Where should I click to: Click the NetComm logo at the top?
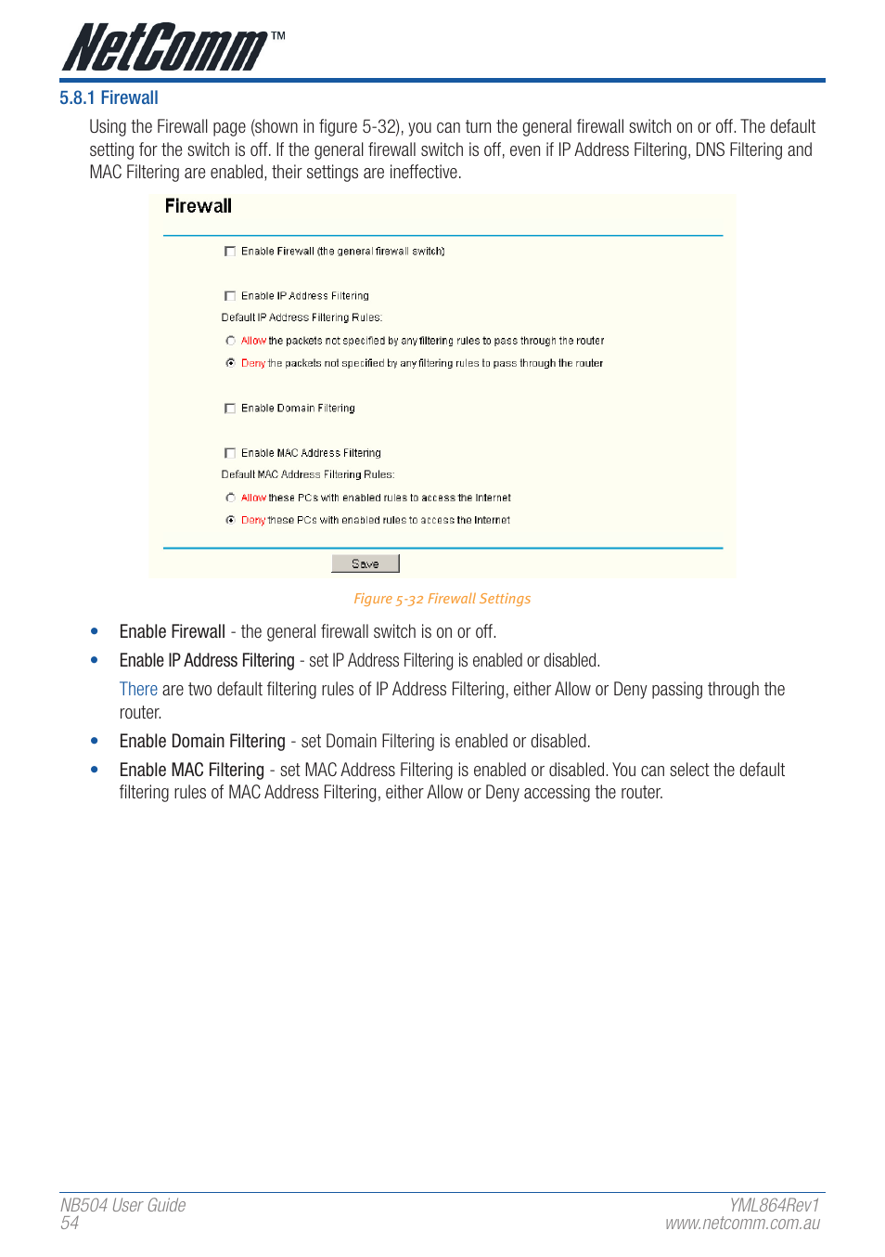(x=172, y=47)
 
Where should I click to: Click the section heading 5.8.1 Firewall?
(x=109, y=98)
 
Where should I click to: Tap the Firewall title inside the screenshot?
(x=198, y=206)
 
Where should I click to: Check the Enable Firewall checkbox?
(x=230, y=252)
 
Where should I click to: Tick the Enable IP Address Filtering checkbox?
(x=230, y=296)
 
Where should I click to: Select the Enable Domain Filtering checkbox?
(x=230, y=408)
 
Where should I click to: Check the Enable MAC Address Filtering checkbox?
(x=230, y=453)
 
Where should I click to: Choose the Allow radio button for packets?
(x=230, y=341)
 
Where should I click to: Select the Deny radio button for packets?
(x=230, y=363)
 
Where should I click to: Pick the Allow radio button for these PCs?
(x=230, y=498)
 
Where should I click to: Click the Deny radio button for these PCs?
(x=230, y=520)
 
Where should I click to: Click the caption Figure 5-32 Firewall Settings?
(x=442, y=599)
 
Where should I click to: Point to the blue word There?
(x=138, y=689)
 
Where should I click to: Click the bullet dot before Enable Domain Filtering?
(x=95, y=741)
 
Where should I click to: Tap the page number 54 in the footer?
(x=70, y=1224)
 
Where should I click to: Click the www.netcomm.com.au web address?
(x=742, y=1224)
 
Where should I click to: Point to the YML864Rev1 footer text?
(x=774, y=1205)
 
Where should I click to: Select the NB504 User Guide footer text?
(x=122, y=1205)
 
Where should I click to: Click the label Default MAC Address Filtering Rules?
(x=307, y=474)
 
